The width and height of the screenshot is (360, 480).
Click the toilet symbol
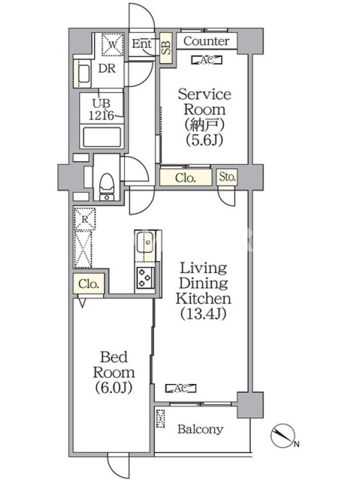coord(107,187)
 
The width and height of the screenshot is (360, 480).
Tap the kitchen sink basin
coord(145,242)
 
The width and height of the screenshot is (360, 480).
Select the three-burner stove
coord(145,278)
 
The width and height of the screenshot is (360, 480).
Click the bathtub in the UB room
coord(101,137)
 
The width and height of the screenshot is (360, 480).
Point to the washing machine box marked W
coord(112,44)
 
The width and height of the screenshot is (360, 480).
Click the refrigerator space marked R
coord(85,219)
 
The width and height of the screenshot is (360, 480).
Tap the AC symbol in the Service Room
coord(206,61)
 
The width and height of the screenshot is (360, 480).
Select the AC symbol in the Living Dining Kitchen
coord(181,388)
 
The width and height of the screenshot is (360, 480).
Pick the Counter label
coord(206,41)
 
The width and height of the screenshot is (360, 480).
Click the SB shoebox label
coord(167,48)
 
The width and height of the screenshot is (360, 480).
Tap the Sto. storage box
coord(227,176)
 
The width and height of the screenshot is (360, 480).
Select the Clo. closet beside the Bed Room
coord(88,283)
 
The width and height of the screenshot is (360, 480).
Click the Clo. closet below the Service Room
coord(186,177)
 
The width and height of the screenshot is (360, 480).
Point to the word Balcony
coord(200,429)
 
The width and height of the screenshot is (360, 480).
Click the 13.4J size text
coord(203,313)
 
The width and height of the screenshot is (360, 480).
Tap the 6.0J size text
coord(113,387)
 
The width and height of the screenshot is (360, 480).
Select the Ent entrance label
coord(142,44)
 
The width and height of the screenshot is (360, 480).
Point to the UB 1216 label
coord(101,109)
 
